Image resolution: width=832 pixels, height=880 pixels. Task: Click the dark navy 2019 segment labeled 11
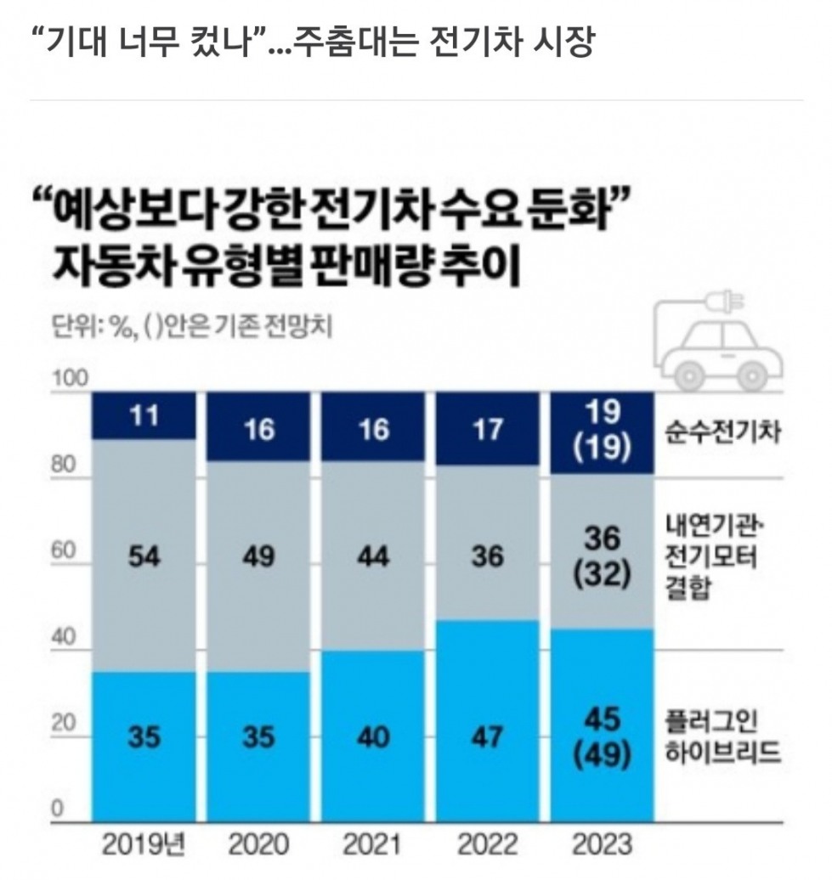click(144, 415)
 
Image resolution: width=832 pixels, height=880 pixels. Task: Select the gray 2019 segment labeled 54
click(144, 556)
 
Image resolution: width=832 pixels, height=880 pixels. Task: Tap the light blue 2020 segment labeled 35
click(258, 747)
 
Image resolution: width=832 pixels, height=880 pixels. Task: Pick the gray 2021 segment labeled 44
click(373, 556)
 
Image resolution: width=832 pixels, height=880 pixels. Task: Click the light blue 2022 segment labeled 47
click(487, 721)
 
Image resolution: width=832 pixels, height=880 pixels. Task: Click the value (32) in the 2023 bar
click(603, 575)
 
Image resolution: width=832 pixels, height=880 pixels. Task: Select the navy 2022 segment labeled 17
click(487, 429)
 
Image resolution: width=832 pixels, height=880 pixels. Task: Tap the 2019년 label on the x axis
click(144, 844)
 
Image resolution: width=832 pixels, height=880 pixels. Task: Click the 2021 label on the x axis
click(373, 844)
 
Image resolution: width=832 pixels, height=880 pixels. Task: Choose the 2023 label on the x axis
click(602, 844)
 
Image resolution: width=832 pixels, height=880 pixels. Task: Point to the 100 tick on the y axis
click(71, 378)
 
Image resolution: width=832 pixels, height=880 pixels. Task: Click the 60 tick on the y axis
click(64, 550)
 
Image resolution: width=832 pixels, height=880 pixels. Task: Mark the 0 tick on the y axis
click(57, 809)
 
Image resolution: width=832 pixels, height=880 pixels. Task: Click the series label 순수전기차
click(723, 432)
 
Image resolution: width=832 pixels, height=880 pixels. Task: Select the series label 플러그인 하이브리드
click(723, 736)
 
